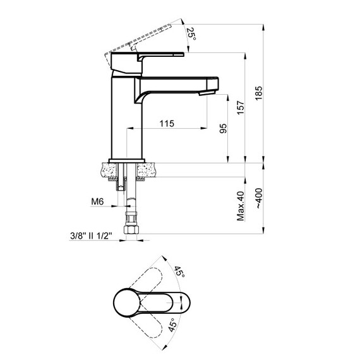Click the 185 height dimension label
click(258, 93)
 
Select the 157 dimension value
click(241, 107)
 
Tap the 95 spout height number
click(223, 128)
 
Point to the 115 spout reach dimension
click(167, 124)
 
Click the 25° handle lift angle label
click(191, 33)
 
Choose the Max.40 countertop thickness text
click(241, 206)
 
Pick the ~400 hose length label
click(259, 198)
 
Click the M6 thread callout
click(97, 201)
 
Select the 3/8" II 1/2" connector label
click(91, 236)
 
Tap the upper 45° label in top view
click(179, 272)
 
